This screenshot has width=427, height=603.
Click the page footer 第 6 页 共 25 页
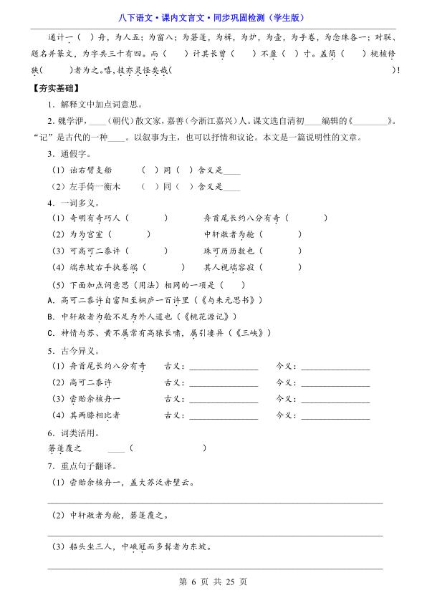click(213, 582)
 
